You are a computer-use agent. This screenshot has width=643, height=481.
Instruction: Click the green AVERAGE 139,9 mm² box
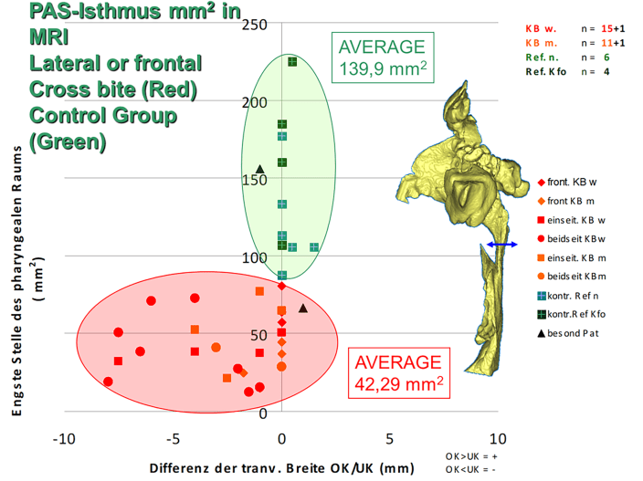(382, 58)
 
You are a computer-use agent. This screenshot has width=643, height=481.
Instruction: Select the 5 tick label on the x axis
(390, 439)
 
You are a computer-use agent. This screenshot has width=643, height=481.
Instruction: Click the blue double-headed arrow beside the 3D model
(501, 246)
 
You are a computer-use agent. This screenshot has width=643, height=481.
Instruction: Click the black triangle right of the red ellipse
(303, 308)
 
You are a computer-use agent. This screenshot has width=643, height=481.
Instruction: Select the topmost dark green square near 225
(292, 62)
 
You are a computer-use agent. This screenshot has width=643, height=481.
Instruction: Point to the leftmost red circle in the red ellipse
(109, 382)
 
